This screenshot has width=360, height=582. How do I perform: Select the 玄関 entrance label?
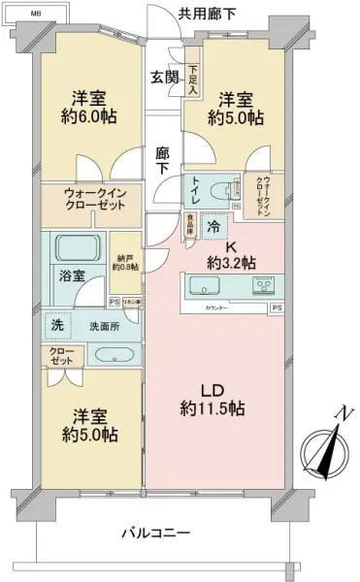(x=163, y=78)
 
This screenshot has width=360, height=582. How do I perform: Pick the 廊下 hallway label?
(x=163, y=159)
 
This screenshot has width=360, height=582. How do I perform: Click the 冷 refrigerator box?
(x=213, y=225)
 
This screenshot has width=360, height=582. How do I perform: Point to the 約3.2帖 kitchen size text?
(x=232, y=263)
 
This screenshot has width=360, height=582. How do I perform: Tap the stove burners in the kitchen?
(x=263, y=285)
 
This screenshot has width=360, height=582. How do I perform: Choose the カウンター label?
(x=217, y=307)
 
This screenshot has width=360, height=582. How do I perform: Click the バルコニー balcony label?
(x=156, y=533)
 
